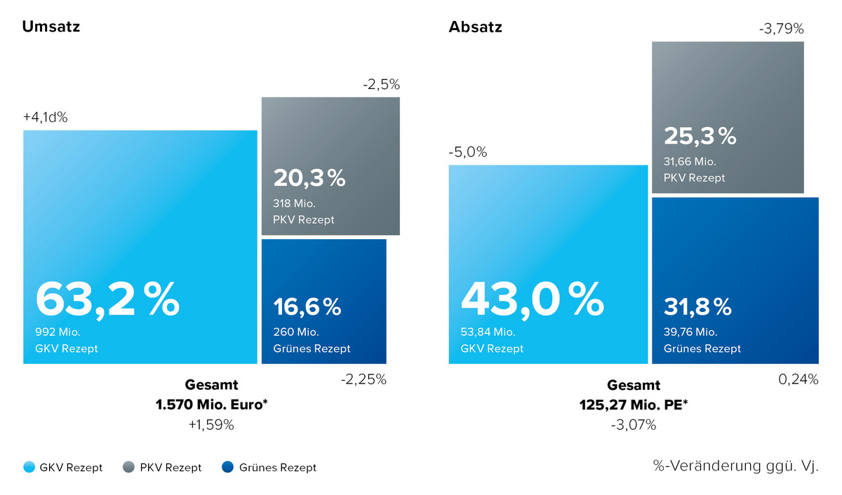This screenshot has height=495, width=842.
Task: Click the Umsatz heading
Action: tap(51, 27)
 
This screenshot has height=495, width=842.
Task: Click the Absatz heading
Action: tap(475, 27)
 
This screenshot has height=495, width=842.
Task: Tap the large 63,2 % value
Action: tap(107, 300)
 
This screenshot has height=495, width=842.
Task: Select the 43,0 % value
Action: tap(532, 300)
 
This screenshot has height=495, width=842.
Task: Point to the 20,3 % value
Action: tap(309, 178)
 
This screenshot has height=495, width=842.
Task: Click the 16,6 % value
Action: tap(307, 306)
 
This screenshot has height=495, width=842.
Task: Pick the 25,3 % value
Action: tap(700, 135)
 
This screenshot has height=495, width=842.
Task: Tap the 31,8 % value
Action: tap(697, 306)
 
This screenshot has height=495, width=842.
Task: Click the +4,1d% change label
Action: tap(46, 117)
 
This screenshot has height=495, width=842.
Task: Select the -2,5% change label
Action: tap(381, 85)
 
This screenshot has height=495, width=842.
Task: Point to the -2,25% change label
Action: tap(363, 379)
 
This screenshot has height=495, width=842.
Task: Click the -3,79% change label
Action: tap(781, 29)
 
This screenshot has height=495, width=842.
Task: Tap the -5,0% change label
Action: tap(467, 152)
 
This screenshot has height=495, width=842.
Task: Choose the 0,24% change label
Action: tap(798, 379)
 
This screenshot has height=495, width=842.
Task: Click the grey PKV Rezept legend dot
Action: tap(128, 467)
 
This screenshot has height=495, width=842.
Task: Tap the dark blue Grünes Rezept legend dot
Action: tap(227, 467)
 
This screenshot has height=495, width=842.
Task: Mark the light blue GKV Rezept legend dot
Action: tap(29, 467)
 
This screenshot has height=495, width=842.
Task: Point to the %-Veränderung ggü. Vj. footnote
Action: tap(735, 466)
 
